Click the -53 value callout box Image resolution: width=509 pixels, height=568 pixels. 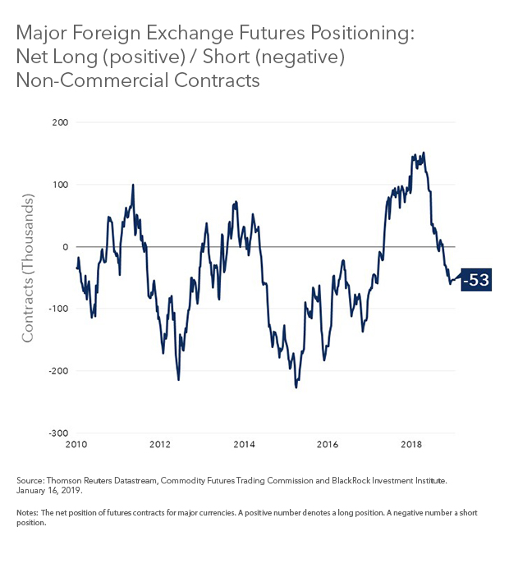(x=476, y=280)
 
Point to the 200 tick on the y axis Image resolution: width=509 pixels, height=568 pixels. (x=60, y=122)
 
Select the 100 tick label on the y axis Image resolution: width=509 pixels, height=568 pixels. (x=60, y=185)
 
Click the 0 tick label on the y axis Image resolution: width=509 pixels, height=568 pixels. (x=66, y=246)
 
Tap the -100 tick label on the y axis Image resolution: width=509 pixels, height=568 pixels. (x=57, y=309)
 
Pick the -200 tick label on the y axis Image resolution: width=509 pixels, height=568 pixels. (x=57, y=371)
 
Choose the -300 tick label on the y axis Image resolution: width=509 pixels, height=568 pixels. (x=57, y=433)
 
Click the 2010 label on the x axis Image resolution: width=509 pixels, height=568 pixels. (x=76, y=445)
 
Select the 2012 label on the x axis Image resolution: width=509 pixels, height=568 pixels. (x=160, y=445)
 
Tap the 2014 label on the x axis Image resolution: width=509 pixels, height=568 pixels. (x=244, y=445)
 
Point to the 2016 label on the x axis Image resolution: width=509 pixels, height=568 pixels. (x=328, y=445)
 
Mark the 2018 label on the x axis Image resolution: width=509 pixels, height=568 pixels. (x=411, y=445)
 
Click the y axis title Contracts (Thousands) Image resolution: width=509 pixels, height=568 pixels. (x=28, y=268)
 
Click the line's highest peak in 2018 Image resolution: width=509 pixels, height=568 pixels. (x=424, y=153)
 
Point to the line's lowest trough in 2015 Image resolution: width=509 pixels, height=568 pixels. (x=296, y=387)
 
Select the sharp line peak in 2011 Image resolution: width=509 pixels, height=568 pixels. (x=133, y=186)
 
